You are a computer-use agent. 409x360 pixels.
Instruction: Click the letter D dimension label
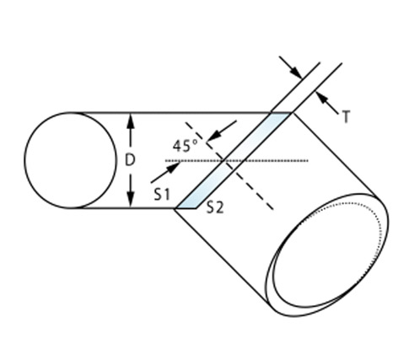130,160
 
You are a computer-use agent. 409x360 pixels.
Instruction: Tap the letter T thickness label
347,116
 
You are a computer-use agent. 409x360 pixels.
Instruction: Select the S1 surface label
162,194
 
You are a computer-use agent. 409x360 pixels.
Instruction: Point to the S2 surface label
215,207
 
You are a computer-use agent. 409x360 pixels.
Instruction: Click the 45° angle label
186,146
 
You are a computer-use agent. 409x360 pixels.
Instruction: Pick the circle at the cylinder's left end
70,160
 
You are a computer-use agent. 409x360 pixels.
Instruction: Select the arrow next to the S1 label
165,173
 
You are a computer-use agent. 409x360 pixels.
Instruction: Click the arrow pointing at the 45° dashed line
222,131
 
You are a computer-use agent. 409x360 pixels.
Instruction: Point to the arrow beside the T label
327,103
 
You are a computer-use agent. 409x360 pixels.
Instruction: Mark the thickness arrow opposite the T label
291,67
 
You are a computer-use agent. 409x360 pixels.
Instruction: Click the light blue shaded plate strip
234,161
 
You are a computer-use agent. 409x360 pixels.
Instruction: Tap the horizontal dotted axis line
237,161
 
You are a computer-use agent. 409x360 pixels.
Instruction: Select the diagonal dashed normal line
229,166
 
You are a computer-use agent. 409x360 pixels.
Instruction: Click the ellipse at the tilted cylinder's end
328,255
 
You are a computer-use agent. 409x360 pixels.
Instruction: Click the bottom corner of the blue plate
175,208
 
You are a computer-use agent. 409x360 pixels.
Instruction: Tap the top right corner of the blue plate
293,113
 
